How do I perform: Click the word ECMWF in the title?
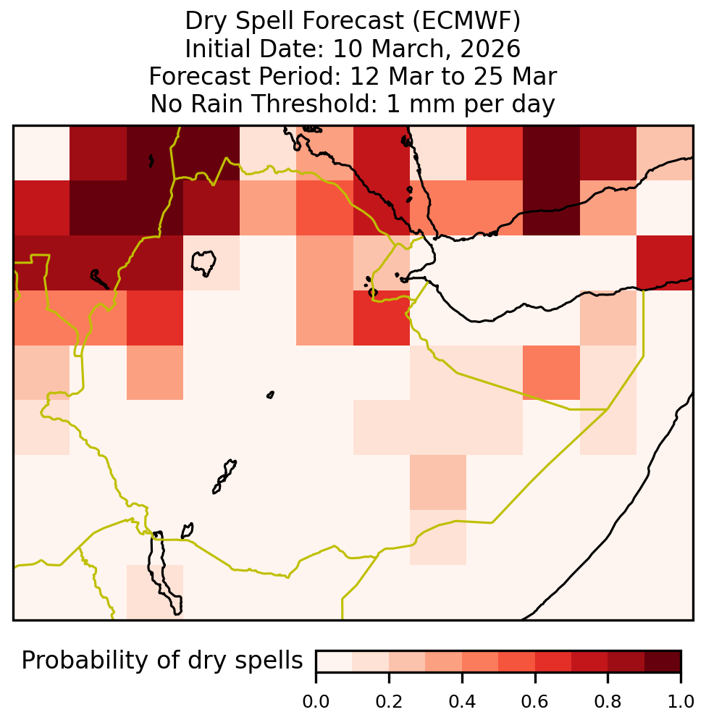coord(466,21)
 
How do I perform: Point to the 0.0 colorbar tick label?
coord(316,702)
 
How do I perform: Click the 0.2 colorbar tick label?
coord(389,702)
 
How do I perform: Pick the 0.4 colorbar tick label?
coord(462,702)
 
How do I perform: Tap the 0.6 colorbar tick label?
coord(535,702)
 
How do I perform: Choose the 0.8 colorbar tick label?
coord(608,702)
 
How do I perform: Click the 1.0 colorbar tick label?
coord(681,702)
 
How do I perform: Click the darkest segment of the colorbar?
coord(663,661)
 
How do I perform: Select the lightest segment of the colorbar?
coord(335,661)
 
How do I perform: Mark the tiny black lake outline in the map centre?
coord(270,395)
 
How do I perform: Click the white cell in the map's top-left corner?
coord(42,153)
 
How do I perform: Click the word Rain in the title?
coord(217,104)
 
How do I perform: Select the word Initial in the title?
coord(219,49)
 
